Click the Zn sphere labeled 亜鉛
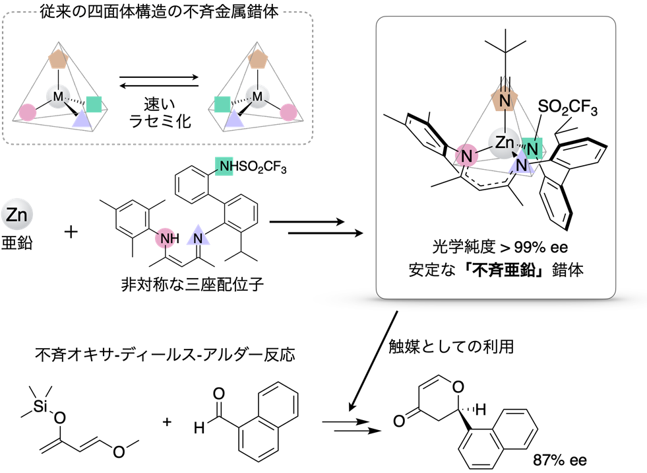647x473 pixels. coord(17,214)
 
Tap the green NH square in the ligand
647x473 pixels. coord(224,166)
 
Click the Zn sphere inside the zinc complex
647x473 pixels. coord(504,143)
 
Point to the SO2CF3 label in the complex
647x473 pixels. coord(567,108)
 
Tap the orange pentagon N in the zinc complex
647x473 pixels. coord(505,100)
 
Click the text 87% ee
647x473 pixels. coord(559,460)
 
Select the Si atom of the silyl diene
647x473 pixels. coord(40,406)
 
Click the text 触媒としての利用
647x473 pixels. coord(451,346)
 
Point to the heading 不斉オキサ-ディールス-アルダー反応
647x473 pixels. coord(165,355)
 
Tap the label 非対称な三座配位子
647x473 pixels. coord(192,285)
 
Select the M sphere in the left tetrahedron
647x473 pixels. coord(58,97)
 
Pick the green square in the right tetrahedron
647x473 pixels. coord(223,104)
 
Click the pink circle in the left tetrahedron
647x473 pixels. coord(28,112)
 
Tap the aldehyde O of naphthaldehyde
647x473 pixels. coord(219,393)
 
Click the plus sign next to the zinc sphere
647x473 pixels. coord(71,231)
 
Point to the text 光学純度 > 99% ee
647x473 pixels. coord(500,247)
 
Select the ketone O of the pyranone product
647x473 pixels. coord(399,421)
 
